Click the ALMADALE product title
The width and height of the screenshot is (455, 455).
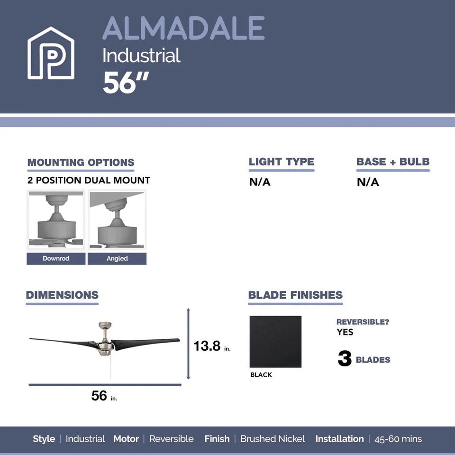[x=183, y=28]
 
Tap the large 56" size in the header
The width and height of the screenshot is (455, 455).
[x=126, y=83]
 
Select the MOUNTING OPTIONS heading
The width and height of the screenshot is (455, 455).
[x=81, y=163]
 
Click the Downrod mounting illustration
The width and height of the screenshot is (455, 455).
[x=56, y=220]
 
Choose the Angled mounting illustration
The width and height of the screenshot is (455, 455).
[x=117, y=220]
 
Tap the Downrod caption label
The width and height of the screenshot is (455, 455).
[x=56, y=258]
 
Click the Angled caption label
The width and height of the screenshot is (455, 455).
[x=117, y=258]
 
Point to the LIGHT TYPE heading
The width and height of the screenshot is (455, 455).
[x=282, y=162]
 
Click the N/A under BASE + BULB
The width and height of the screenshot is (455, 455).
[x=368, y=182]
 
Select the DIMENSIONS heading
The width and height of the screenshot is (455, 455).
[x=62, y=295]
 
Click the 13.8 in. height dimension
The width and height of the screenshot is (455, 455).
[x=211, y=346]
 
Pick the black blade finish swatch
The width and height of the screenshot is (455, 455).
[x=275, y=342]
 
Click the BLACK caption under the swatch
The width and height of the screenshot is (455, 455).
[x=261, y=375]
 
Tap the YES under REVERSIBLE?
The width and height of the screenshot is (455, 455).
[x=345, y=332]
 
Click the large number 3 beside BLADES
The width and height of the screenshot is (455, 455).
[x=345, y=359]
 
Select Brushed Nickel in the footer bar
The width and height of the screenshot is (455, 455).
[x=273, y=439]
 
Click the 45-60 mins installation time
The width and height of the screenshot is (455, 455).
[x=398, y=439]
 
